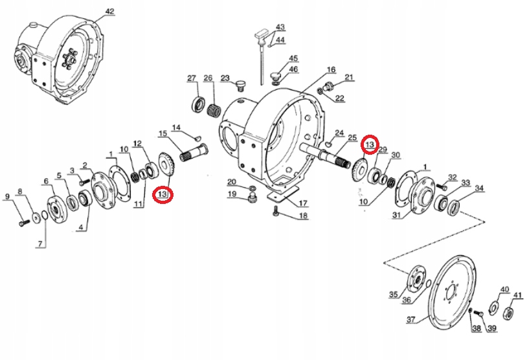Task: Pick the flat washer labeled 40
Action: pyautogui.click(x=493, y=306)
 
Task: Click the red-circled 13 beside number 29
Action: pyautogui.click(x=370, y=144)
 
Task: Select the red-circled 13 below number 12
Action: pyautogui.click(x=163, y=194)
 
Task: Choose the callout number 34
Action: pyautogui.click(x=479, y=188)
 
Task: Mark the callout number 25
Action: pyautogui.click(x=353, y=137)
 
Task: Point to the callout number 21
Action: pyautogui.click(x=350, y=77)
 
